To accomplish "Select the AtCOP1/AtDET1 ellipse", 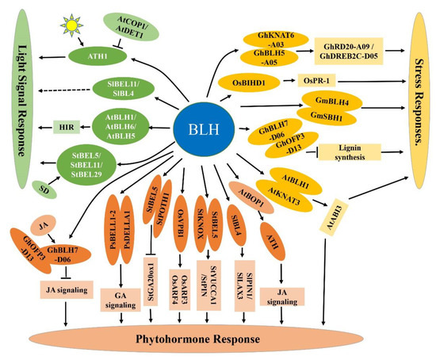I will (131, 23).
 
